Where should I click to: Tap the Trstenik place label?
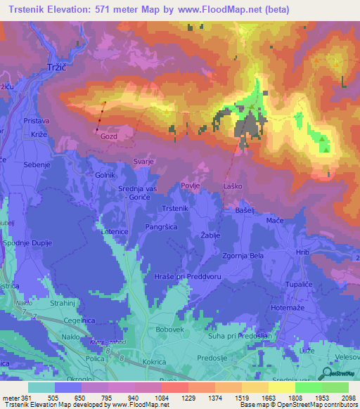175,209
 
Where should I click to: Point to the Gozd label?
109,135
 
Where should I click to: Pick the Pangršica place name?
161,226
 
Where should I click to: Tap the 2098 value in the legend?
348,398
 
